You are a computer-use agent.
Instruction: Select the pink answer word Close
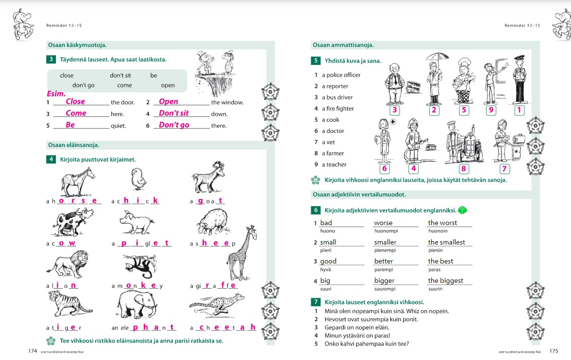click(75, 101)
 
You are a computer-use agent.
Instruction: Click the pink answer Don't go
click(174, 125)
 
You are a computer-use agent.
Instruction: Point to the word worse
click(383, 223)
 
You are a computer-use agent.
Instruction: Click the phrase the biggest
click(445, 280)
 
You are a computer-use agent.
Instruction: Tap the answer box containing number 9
click(491, 110)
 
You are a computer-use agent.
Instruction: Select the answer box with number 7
click(504, 169)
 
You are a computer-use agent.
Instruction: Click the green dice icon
click(463, 210)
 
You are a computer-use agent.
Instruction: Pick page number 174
click(33, 351)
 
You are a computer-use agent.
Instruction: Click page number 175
click(554, 351)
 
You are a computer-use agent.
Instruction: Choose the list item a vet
click(331, 142)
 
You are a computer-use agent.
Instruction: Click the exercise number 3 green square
click(51, 60)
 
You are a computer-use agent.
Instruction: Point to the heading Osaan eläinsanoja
click(73, 145)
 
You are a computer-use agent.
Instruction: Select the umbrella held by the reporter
click(433, 56)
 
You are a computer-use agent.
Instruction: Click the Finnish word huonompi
click(386, 231)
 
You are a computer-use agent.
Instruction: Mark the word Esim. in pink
click(56, 94)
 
